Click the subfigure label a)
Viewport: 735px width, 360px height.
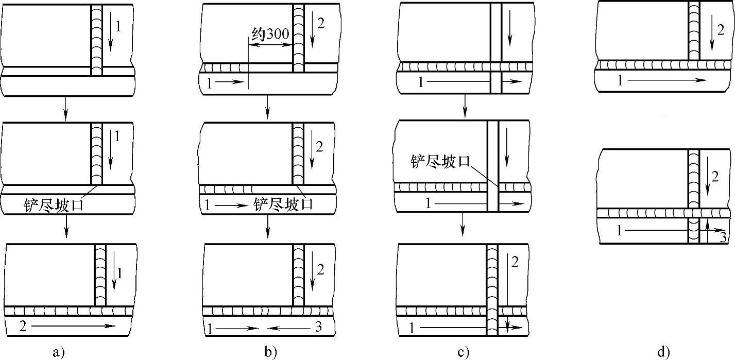coord(58,352)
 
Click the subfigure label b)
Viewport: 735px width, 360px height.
coord(270,352)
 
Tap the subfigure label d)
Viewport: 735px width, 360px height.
coord(664,352)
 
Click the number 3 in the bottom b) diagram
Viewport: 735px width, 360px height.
coord(318,328)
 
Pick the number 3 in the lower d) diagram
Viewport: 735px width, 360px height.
coord(723,238)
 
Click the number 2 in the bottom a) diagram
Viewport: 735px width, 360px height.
coord(22,325)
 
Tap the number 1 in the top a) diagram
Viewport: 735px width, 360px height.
coord(118,26)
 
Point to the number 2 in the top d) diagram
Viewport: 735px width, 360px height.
coord(720,29)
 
